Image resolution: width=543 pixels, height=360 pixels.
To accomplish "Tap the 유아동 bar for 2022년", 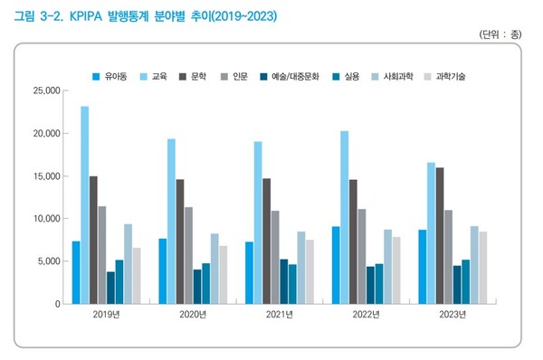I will tap(336, 265).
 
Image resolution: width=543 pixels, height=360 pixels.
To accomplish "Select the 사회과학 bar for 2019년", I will tap(129, 263).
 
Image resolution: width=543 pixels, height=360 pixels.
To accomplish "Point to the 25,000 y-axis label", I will tap(43, 90).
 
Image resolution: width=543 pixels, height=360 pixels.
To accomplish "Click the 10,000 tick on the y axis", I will tap(43, 219).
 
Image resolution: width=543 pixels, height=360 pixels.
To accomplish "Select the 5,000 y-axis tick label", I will tap(46, 261).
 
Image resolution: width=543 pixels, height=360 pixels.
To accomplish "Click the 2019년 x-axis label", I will tap(107, 315).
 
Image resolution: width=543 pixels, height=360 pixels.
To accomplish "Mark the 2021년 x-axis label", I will tap(281, 315).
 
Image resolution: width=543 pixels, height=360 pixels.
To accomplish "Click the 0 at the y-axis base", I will tap(55, 304).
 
